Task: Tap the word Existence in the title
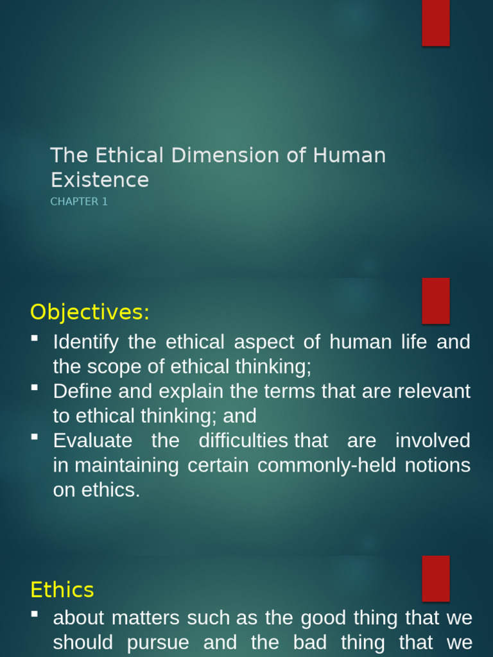coord(99,180)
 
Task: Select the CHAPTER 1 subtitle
coord(79,201)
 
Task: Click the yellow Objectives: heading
coord(89,312)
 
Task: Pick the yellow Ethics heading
coord(62,590)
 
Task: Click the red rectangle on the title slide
coord(435,23)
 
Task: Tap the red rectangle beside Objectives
coord(435,301)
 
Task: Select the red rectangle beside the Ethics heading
coord(435,578)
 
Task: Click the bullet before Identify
coord(35,338)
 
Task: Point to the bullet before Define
coord(35,387)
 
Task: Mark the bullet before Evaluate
coord(35,436)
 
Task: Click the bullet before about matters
coord(35,614)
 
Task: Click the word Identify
coord(85,343)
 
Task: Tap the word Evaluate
coord(92,441)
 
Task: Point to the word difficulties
coord(243,441)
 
